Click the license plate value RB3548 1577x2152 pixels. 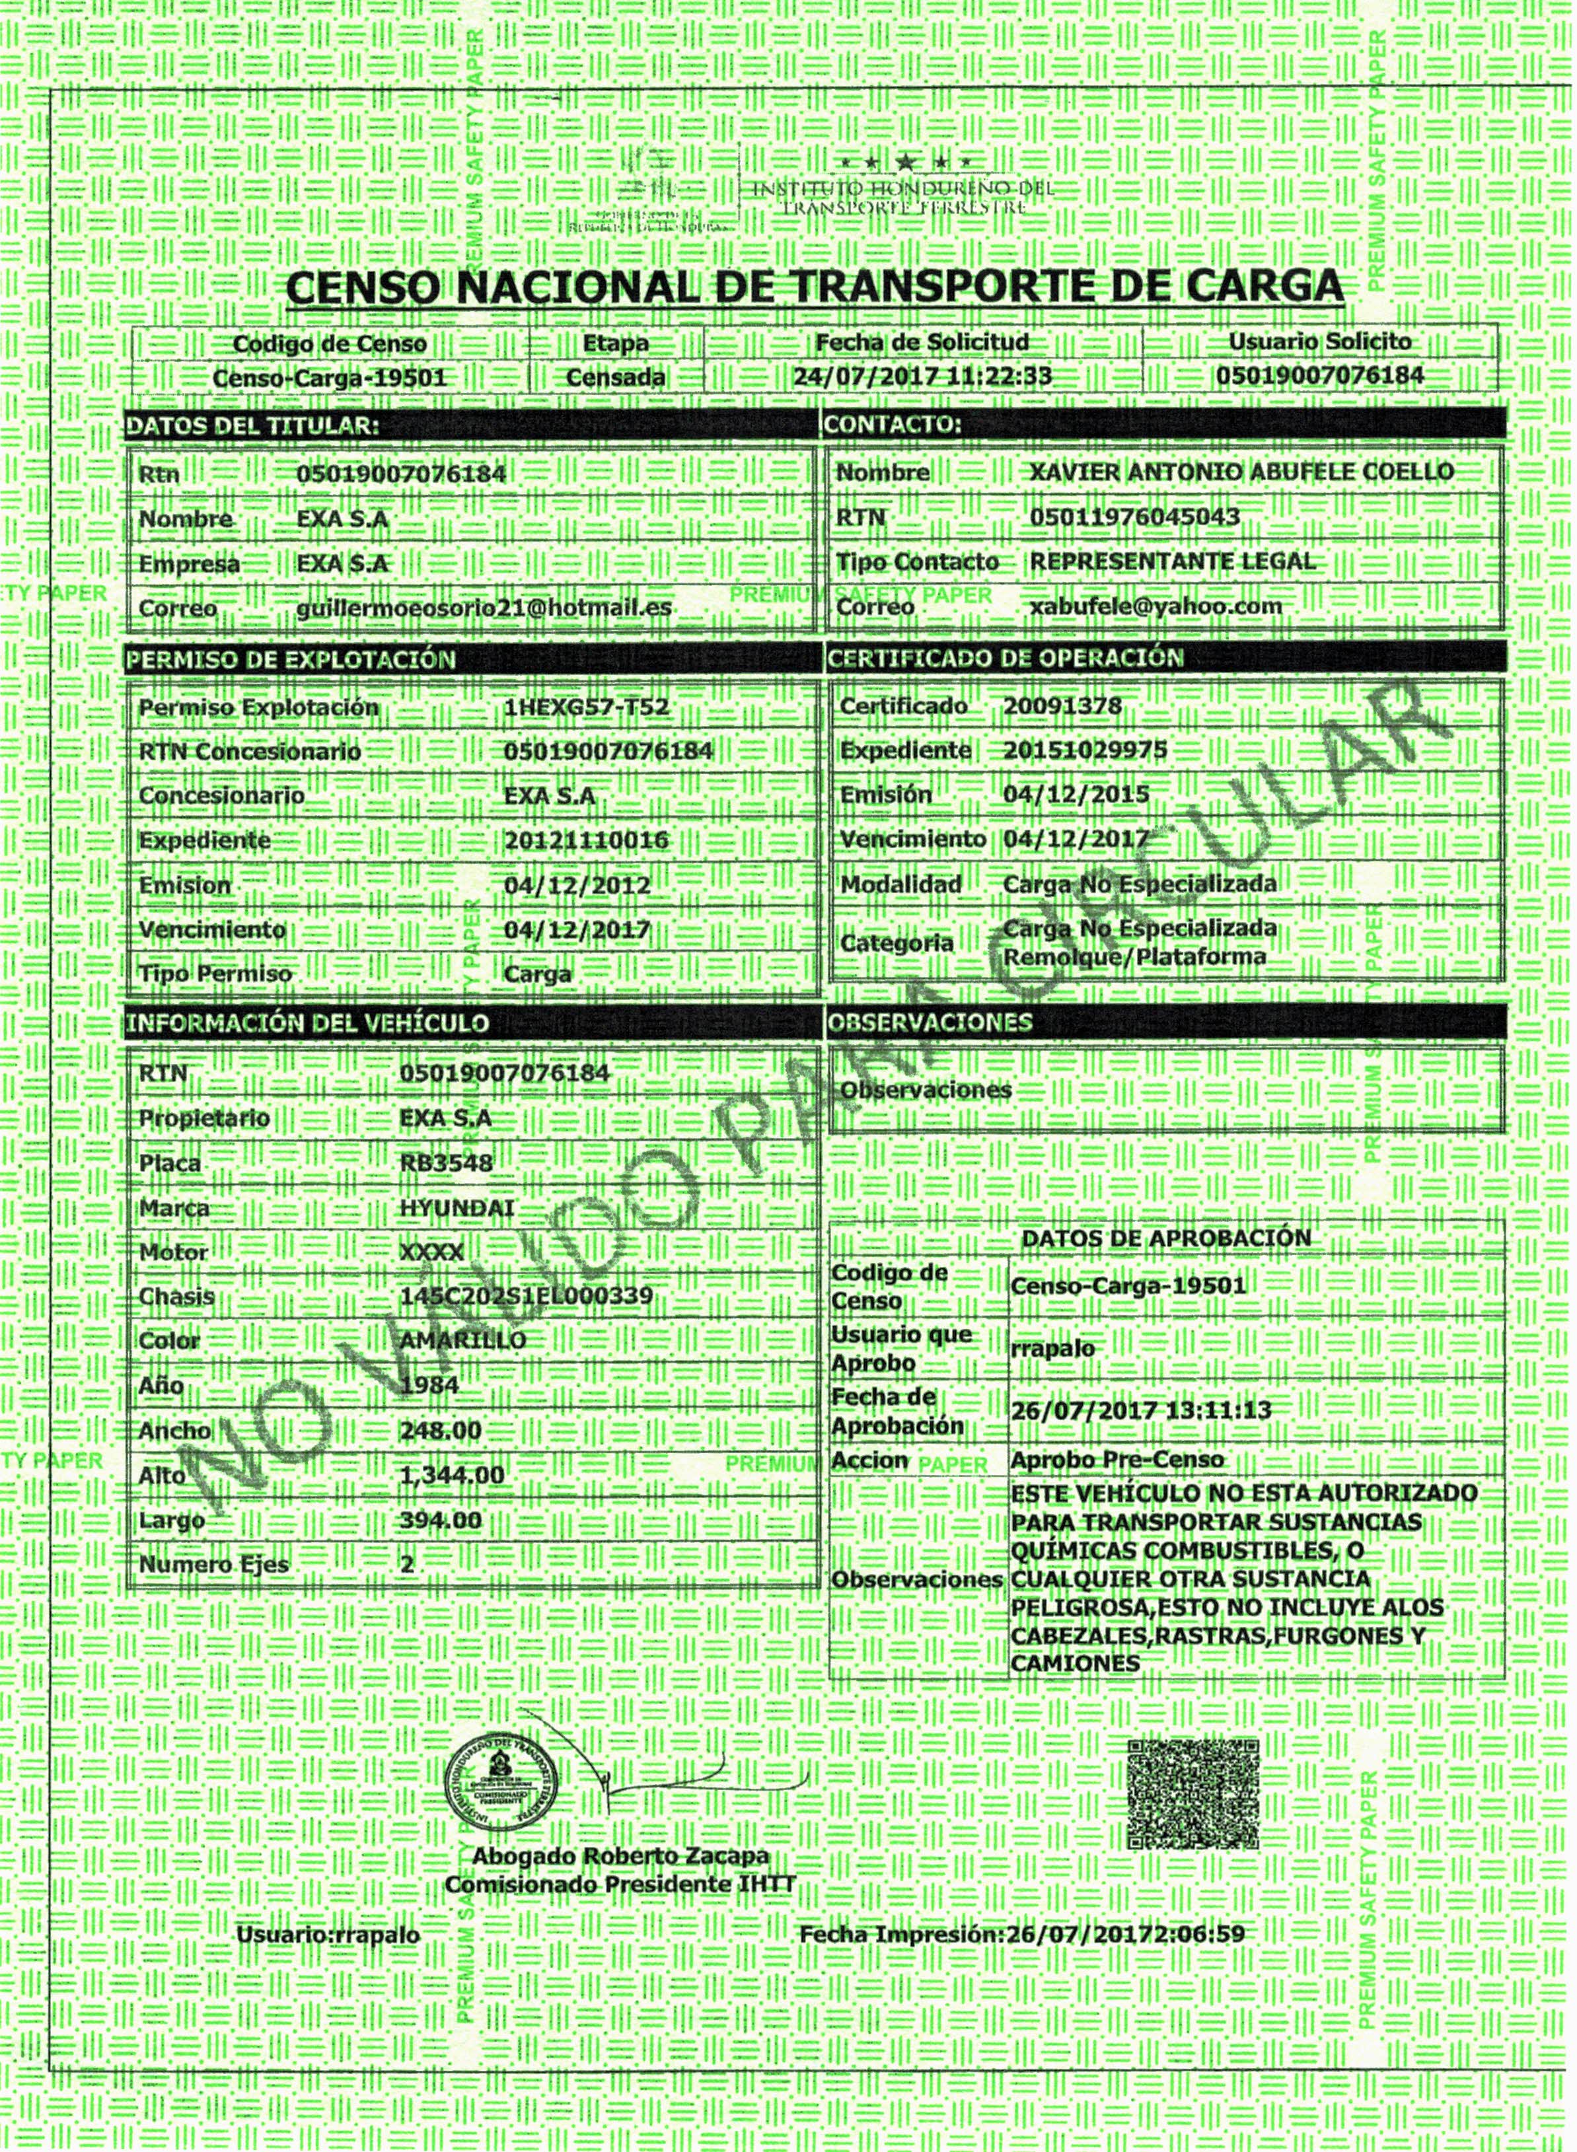tap(446, 1163)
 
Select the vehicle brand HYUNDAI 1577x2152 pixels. tap(457, 1208)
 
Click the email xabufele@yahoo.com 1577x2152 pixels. tap(1155, 606)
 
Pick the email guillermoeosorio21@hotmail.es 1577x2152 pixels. tap(484, 608)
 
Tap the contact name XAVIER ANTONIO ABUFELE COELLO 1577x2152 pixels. tap(1241, 472)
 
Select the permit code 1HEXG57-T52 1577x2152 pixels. tap(586, 707)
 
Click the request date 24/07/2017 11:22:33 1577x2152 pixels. tap(922, 376)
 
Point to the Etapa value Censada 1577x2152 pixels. tap(616, 378)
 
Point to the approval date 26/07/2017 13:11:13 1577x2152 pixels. tap(1141, 1410)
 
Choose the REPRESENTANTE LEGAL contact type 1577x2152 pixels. tap(1172, 561)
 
